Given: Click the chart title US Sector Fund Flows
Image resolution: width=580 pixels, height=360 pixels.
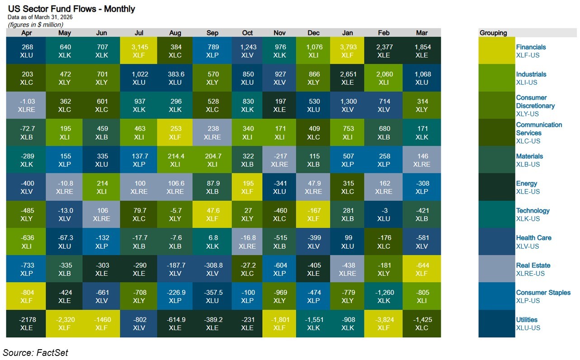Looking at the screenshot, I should pyautogui.click(x=71, y=9).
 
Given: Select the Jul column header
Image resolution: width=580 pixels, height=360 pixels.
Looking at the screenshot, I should pyautogui.click(x=139, y=33).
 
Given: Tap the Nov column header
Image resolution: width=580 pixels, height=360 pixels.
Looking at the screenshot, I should pyautogui.click(x=280, y=33).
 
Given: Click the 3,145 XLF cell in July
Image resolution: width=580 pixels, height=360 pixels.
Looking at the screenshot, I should pyautogui.click(x=139, y=51).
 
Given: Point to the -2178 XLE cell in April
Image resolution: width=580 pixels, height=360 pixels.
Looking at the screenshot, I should pyautogui.click(x=26, y=323).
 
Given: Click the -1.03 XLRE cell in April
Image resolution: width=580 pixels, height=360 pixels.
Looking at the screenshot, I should pyautogui.click(x=26, y=105).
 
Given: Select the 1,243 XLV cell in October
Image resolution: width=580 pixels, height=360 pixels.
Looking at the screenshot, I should pyautogui.click(x=247, y=51).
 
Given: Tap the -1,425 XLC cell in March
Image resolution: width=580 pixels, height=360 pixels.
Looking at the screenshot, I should pyautogui.click(x=422, y=323).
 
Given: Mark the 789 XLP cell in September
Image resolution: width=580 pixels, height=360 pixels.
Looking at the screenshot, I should pyautogui.click(x=212, y=51).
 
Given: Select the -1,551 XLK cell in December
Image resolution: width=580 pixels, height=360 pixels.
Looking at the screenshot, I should pyautogui.click(x=313, y=323).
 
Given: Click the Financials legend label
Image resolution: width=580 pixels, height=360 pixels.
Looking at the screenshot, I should pyautogui.click(x=531, y=47).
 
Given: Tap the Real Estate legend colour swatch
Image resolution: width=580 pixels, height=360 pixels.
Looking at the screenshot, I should pyautogui.click(x=496, y=269).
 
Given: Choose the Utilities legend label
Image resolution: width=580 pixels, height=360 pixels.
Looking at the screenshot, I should pyautogui.click(x=527, y=320).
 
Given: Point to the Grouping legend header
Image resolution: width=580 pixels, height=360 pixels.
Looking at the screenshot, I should pyautogui.click(x=493, y=33).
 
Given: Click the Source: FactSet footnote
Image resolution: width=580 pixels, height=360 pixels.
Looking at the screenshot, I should pyautogui.click(x=36, y=352).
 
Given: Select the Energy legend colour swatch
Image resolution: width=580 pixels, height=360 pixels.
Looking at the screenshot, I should pyautogui.click(x=496, y=187).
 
